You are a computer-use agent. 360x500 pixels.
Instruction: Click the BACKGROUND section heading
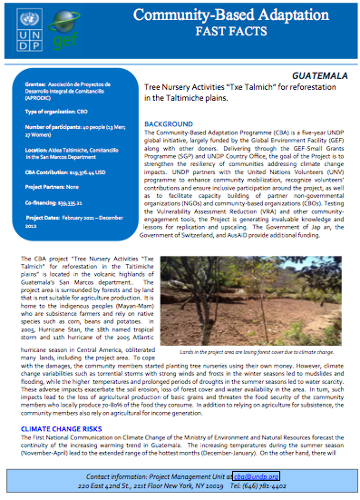169,123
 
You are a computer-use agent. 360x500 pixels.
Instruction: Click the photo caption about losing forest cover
258,350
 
